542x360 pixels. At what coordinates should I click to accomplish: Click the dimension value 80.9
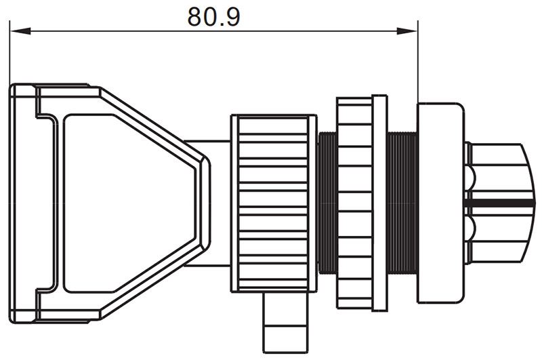tap(213, 16)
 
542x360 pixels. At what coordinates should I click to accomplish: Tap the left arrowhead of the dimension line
tap(20, 31)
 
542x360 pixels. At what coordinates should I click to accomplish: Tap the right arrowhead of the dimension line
tap(407, 31)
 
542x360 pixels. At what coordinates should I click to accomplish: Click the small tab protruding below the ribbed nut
tap(285, 322)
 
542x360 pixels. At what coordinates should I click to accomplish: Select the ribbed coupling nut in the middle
tap(274, 203)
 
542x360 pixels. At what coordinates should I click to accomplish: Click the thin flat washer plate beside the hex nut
tap(379, 203)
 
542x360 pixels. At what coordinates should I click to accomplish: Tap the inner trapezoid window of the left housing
tap(129, 203)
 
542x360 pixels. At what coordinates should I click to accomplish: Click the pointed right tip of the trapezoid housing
tap(209, 203)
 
